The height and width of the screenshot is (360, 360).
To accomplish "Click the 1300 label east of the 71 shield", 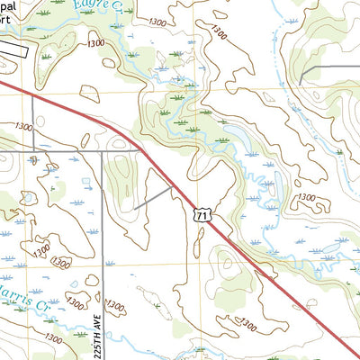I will [x=306, y=197].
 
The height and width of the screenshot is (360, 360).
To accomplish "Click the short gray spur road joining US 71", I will [x=153, y=199].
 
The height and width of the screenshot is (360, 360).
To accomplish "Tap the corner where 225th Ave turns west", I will [x=102, y=152].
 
